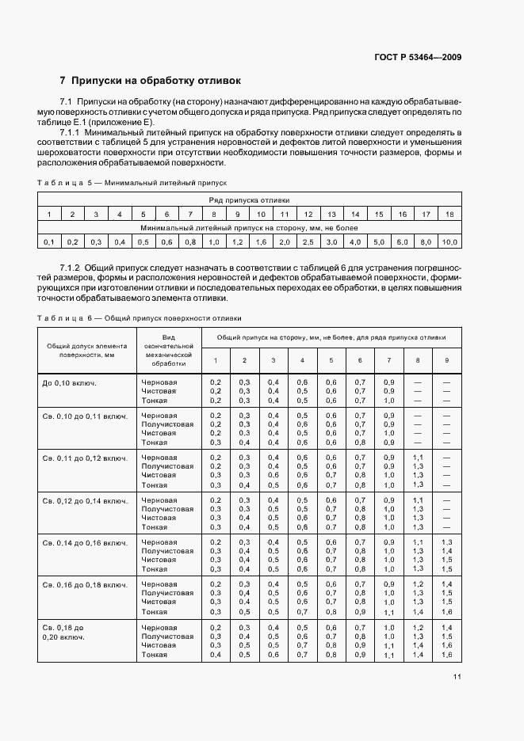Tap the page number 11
click(x=457, y=676)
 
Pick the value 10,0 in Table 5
click(x=449, y=241)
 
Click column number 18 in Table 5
click(x=449, y=215)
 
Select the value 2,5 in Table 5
click(x=308, y=241)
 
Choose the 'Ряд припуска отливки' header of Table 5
click(x=249, y=201)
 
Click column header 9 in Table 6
click(x=446, y=360)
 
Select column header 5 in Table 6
click(x=331, y=360)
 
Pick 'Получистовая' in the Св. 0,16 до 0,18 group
click(x=167, y=592)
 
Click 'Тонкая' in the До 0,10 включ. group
click(x=155, y=401)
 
